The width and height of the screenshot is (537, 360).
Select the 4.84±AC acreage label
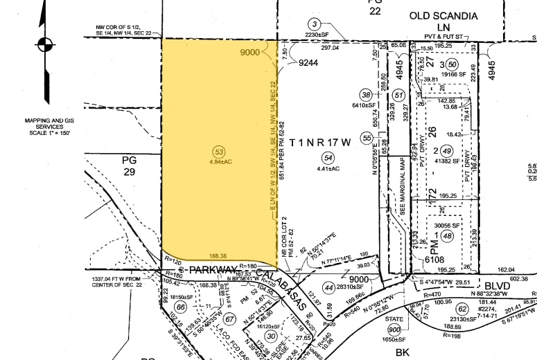[220, 163]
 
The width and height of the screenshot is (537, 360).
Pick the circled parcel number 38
[366, 95]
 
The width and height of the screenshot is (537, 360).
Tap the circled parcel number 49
[447, 150]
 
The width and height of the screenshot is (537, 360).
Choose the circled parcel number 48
[448, 235]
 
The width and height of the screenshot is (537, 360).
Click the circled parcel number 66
[180, 307]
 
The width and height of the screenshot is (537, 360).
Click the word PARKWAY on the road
[211, 269]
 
